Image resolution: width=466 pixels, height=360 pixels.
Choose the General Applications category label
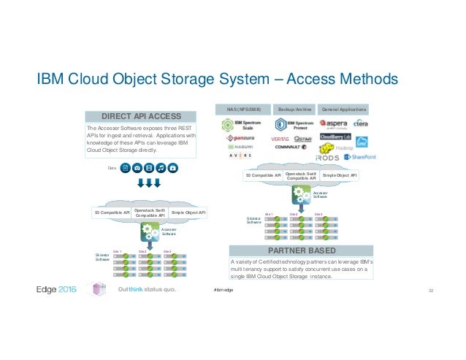(x=345, y=109)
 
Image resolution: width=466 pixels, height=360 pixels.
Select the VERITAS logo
(x=280, y=137)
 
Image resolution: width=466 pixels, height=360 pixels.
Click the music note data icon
(x=161, y=167)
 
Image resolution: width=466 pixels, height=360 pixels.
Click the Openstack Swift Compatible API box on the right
(x=302, y=176)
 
